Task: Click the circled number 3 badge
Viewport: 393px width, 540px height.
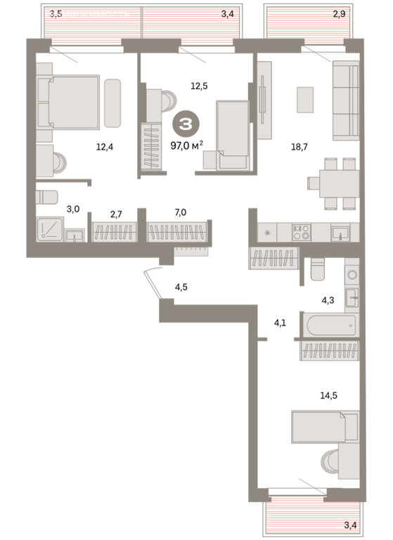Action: coord(186,124)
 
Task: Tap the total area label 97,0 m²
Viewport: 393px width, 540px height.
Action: coord(187,146)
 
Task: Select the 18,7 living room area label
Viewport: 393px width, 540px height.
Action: coord(299,147)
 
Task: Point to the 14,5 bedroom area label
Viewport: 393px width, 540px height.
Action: coord(328,395)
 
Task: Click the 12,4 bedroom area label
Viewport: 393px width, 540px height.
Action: coord(104,148)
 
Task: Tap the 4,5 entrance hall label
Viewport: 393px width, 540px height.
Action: coord(181,287)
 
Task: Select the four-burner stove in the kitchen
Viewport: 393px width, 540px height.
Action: coord(302,232)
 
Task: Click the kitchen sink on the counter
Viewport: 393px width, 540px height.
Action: coord(340,233)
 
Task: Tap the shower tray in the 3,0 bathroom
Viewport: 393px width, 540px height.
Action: coord(50,229)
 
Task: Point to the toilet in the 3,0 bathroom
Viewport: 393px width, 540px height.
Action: coord(46,197)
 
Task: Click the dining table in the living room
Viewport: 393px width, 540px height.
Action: coord(339,184)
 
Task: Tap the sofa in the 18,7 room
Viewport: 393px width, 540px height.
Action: coord(346,101)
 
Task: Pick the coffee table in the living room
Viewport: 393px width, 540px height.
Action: coord(305,100)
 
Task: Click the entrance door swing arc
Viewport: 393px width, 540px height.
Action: coord(153,285)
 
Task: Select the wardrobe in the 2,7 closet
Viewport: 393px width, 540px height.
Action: coord(113,232)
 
